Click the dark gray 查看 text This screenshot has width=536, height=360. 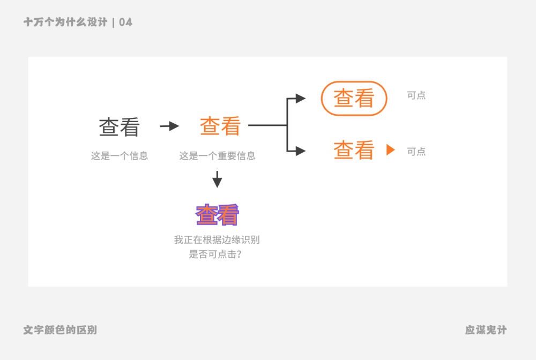coord(119,127)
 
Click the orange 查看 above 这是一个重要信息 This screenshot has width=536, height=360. coord(220,126)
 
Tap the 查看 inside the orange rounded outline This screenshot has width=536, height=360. coord(354,99)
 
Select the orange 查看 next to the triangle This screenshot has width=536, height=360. coord(354,151)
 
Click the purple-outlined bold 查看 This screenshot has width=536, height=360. coord(217,215)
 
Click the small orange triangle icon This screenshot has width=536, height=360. coord(390,150)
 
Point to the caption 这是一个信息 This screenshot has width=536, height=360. coord(119,156)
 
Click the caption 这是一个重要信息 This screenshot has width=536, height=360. coord(217,156)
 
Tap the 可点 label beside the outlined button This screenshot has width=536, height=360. coord(416,95)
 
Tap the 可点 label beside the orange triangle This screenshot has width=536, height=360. coord(416,152)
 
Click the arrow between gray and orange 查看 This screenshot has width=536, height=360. coord(169,126)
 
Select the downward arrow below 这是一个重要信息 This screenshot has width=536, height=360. coord(217,179)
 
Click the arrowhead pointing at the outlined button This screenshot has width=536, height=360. coord(300,99)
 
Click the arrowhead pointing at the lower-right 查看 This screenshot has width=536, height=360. coord(300,151)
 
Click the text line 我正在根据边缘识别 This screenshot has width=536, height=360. coord(217,240)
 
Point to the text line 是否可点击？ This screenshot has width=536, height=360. coord(215,254)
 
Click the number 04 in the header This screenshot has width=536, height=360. coord(126,22)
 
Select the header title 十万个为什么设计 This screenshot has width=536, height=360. coord(65,22)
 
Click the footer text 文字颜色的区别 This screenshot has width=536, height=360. coord(60,330)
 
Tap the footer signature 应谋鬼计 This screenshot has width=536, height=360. coord(486,330)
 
